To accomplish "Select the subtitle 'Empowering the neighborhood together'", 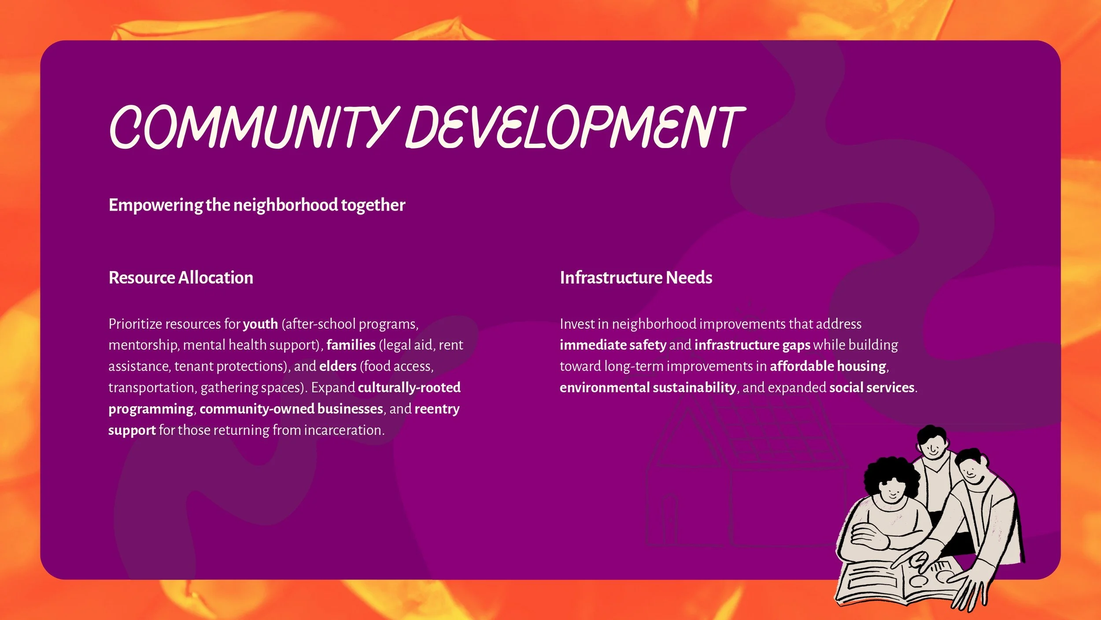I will (257, 205).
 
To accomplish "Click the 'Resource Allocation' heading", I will (181, 278).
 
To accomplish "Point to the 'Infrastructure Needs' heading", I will (635, 278).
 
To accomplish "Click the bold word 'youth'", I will (260, 324).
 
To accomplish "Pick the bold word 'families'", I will (351, 345).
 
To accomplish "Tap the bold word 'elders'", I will (338, 366).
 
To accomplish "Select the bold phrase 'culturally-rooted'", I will (409, 387).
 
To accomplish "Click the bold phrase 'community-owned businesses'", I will (291, 409).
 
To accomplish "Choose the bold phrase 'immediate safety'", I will (613, 345).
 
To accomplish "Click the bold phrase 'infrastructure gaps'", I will (752, 345).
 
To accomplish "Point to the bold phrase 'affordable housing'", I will (828, 366).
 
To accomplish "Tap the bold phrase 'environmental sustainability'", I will (648, 387).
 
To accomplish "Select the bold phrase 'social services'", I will (872, 387).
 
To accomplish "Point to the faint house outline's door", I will (669, 520).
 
